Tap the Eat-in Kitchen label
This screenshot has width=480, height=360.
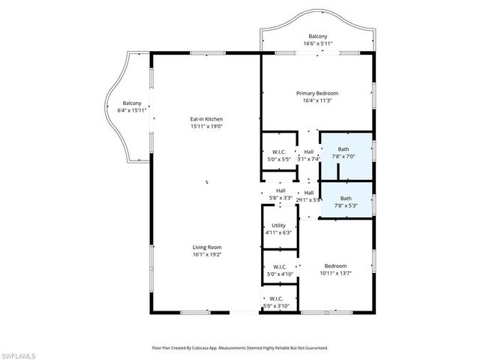pyautogui.click(x=205, y=119)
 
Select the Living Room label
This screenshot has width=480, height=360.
pyautogui.click(x=205, y=247)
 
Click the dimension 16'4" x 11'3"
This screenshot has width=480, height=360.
pyautogui.click(x=317, y=100)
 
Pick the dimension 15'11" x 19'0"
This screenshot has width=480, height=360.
pyautogui.click(x=205, y=127)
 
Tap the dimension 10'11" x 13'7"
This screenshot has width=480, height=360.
pyautogui.click(x=335, y=274)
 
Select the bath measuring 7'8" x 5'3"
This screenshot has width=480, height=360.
pyautogui.click(x=345, y=202)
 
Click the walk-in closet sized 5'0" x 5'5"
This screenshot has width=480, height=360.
pyautogui.click(x=279, y=155)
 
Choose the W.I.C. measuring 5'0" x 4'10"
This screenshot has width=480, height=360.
pyautogui.click(x=280, y=271)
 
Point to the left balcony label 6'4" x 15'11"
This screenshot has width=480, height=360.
pyautogui.click(x=132, y=106)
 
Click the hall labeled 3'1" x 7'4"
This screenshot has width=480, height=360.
pyautogui.click(x=308, y=155)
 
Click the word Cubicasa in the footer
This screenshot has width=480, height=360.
pyautogui.click(x=215, y=348)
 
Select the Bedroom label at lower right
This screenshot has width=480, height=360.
pyautogui.click(x=335, y=266)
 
